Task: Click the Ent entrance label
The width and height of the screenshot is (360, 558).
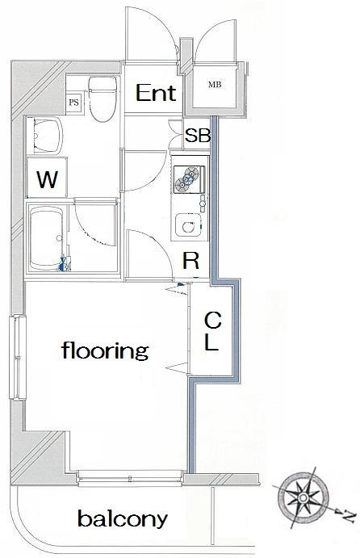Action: [x=156, y=93]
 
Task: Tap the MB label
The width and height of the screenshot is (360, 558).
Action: [x=215, y=85]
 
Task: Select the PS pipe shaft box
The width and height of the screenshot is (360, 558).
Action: [x=74, y=103]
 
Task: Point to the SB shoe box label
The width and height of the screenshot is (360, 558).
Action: [x=198, y=135]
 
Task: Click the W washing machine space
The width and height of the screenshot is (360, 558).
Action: [x=48, y=177]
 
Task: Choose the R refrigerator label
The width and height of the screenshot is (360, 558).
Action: [x=190, y=261]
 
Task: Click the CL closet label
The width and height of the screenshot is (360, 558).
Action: [x=212, y=331]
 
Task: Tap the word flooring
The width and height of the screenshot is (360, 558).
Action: [x=105, y=351]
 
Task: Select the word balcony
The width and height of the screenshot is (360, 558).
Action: [x=123, y=519]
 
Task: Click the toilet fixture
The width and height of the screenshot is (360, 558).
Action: [x=103, y=99]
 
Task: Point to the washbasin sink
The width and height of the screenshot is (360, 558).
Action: [x=48, y=136]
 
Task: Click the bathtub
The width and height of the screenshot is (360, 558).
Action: [x=47, y=238]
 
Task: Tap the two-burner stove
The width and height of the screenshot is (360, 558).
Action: [x=189, y=179]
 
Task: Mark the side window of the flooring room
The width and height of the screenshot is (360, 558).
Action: [x=18, y=357]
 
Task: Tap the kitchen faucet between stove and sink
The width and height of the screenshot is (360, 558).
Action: [x=203, y=203]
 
